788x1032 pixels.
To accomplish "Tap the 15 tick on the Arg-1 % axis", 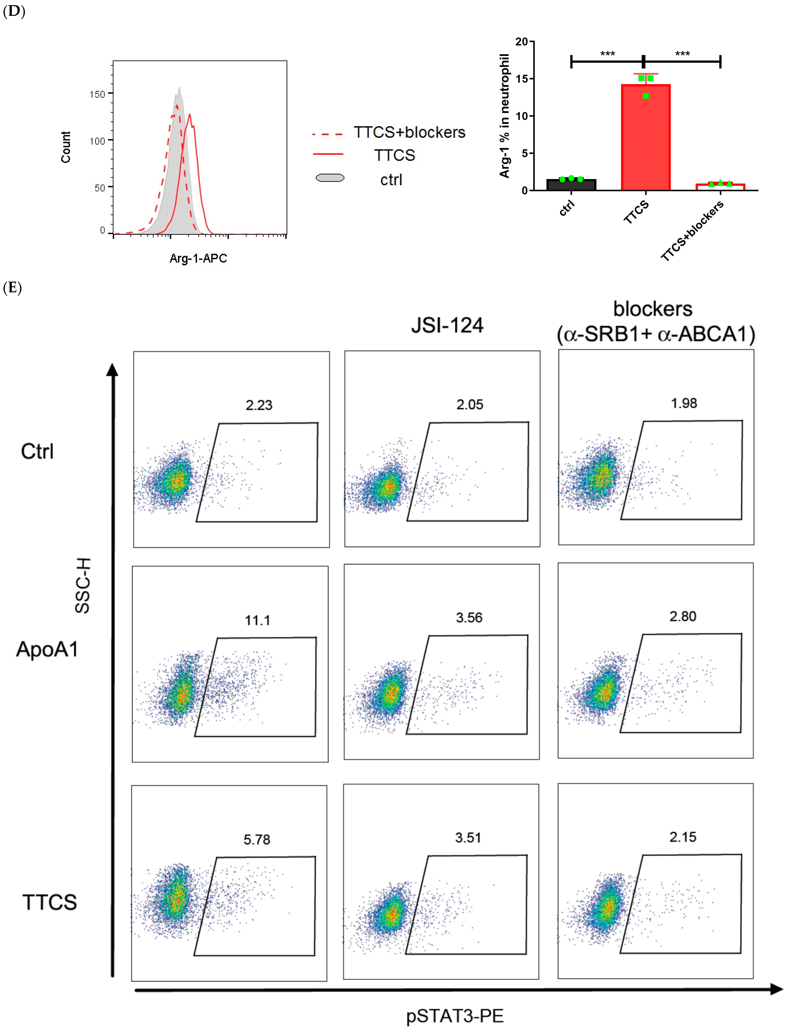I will tap(522, 79).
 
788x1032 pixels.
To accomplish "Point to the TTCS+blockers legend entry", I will tap(409, 133).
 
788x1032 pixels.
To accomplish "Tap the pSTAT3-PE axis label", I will tap(455, 1016).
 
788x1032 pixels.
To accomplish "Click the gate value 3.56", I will tap(469, 618).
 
